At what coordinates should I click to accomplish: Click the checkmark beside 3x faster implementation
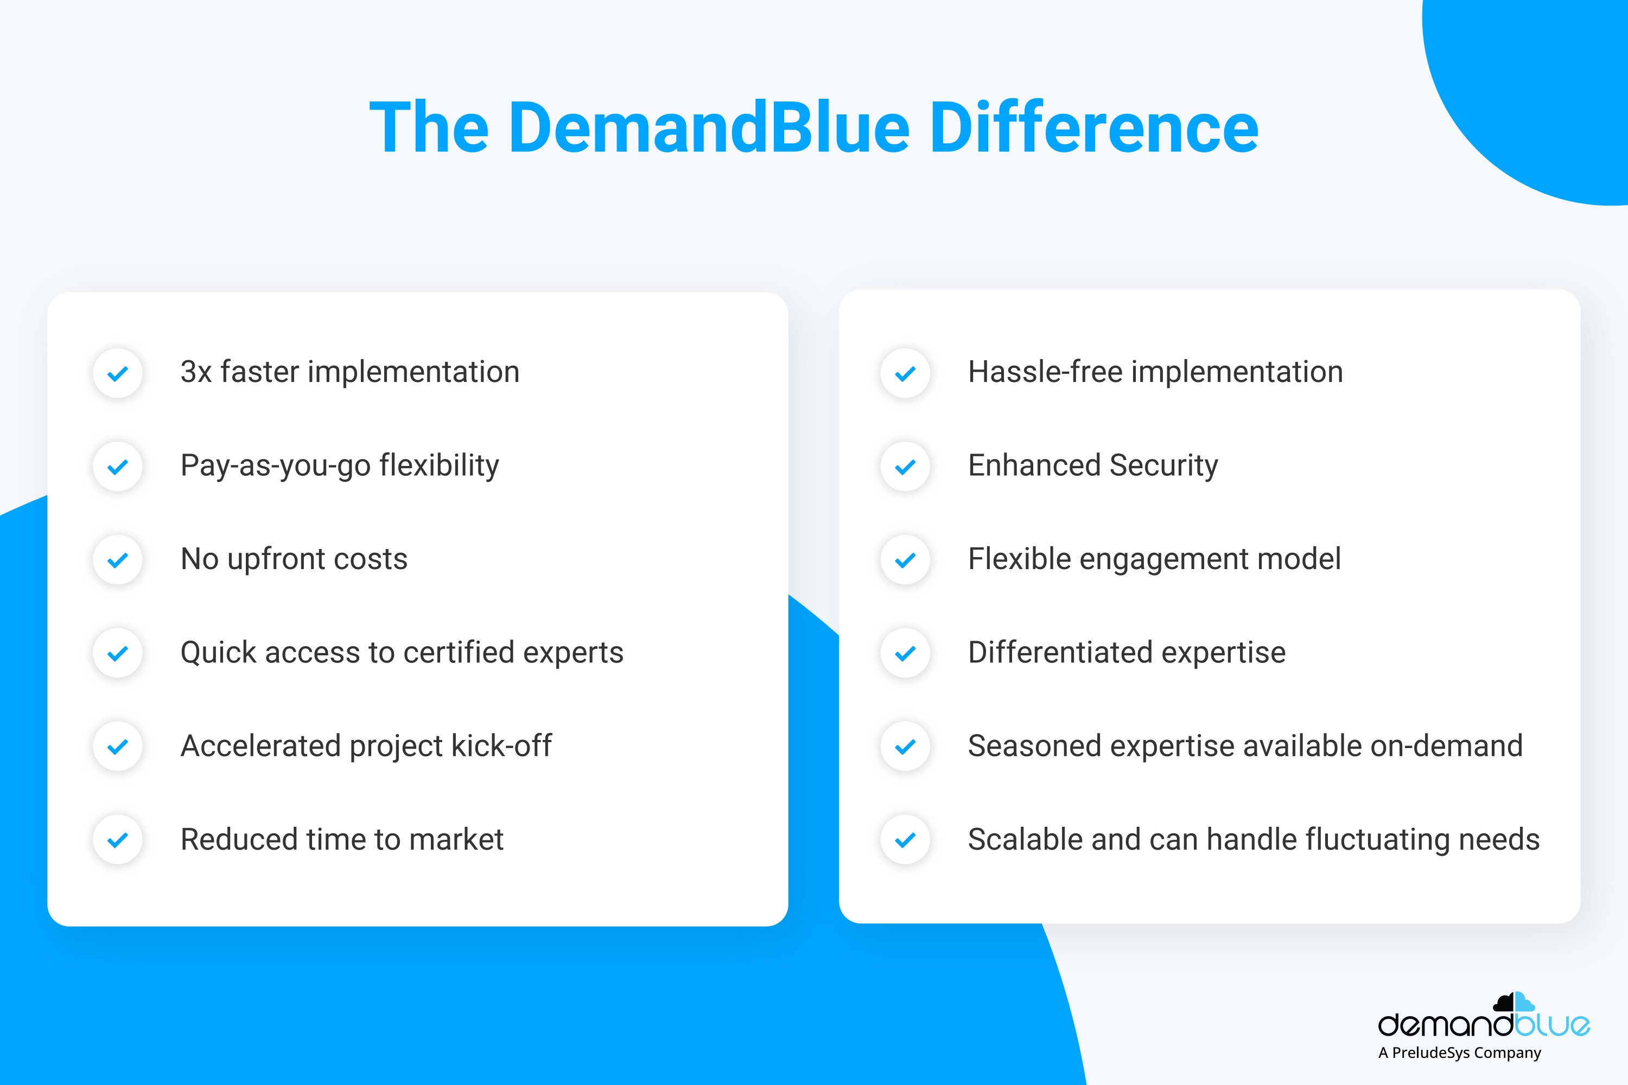pyautogui.click(x=118, y=374)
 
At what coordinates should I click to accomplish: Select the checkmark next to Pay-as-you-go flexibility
pyautogui.click(x=118, y=467)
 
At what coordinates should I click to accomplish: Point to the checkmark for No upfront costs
pyautogui.click(x=118, y=560)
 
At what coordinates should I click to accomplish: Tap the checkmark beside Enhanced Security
pyautogui.click(x=905, y=467)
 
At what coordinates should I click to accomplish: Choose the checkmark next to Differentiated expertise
pyautogui.click(x=905, y=653)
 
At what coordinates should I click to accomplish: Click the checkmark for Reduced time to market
pyautogui.click(x=118, y=840)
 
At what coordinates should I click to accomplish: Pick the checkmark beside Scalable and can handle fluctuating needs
pyautogui.click(x=905, y=840)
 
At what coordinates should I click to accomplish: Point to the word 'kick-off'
pyautogui.click(x=501, y=745)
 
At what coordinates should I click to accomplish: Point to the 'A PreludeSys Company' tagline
pyautogui.click(x=1460, y=1053)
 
